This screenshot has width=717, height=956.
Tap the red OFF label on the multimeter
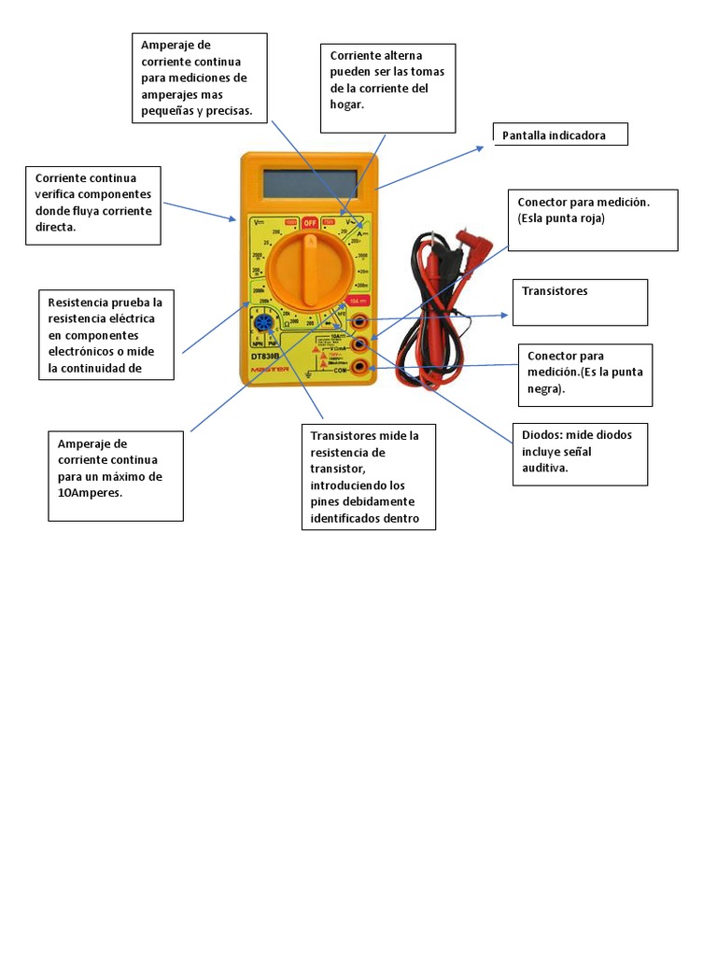tap(310, 223)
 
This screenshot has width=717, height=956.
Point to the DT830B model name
tap(266, 356)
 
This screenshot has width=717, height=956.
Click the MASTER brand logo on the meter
tap(266, 369)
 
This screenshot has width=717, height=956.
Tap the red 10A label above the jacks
tap(357, 301)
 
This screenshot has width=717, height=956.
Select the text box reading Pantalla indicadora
tap(560, 135)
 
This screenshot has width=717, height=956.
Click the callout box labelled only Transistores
tap(580, 302)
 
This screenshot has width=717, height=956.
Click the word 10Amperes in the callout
tap(91, 493)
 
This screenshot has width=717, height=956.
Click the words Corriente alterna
tap(376, 56)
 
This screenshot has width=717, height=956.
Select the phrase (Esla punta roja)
tap(562, 218)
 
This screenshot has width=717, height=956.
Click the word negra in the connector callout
tap(544, 389)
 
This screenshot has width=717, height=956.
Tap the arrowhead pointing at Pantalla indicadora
tap(481, 146)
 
